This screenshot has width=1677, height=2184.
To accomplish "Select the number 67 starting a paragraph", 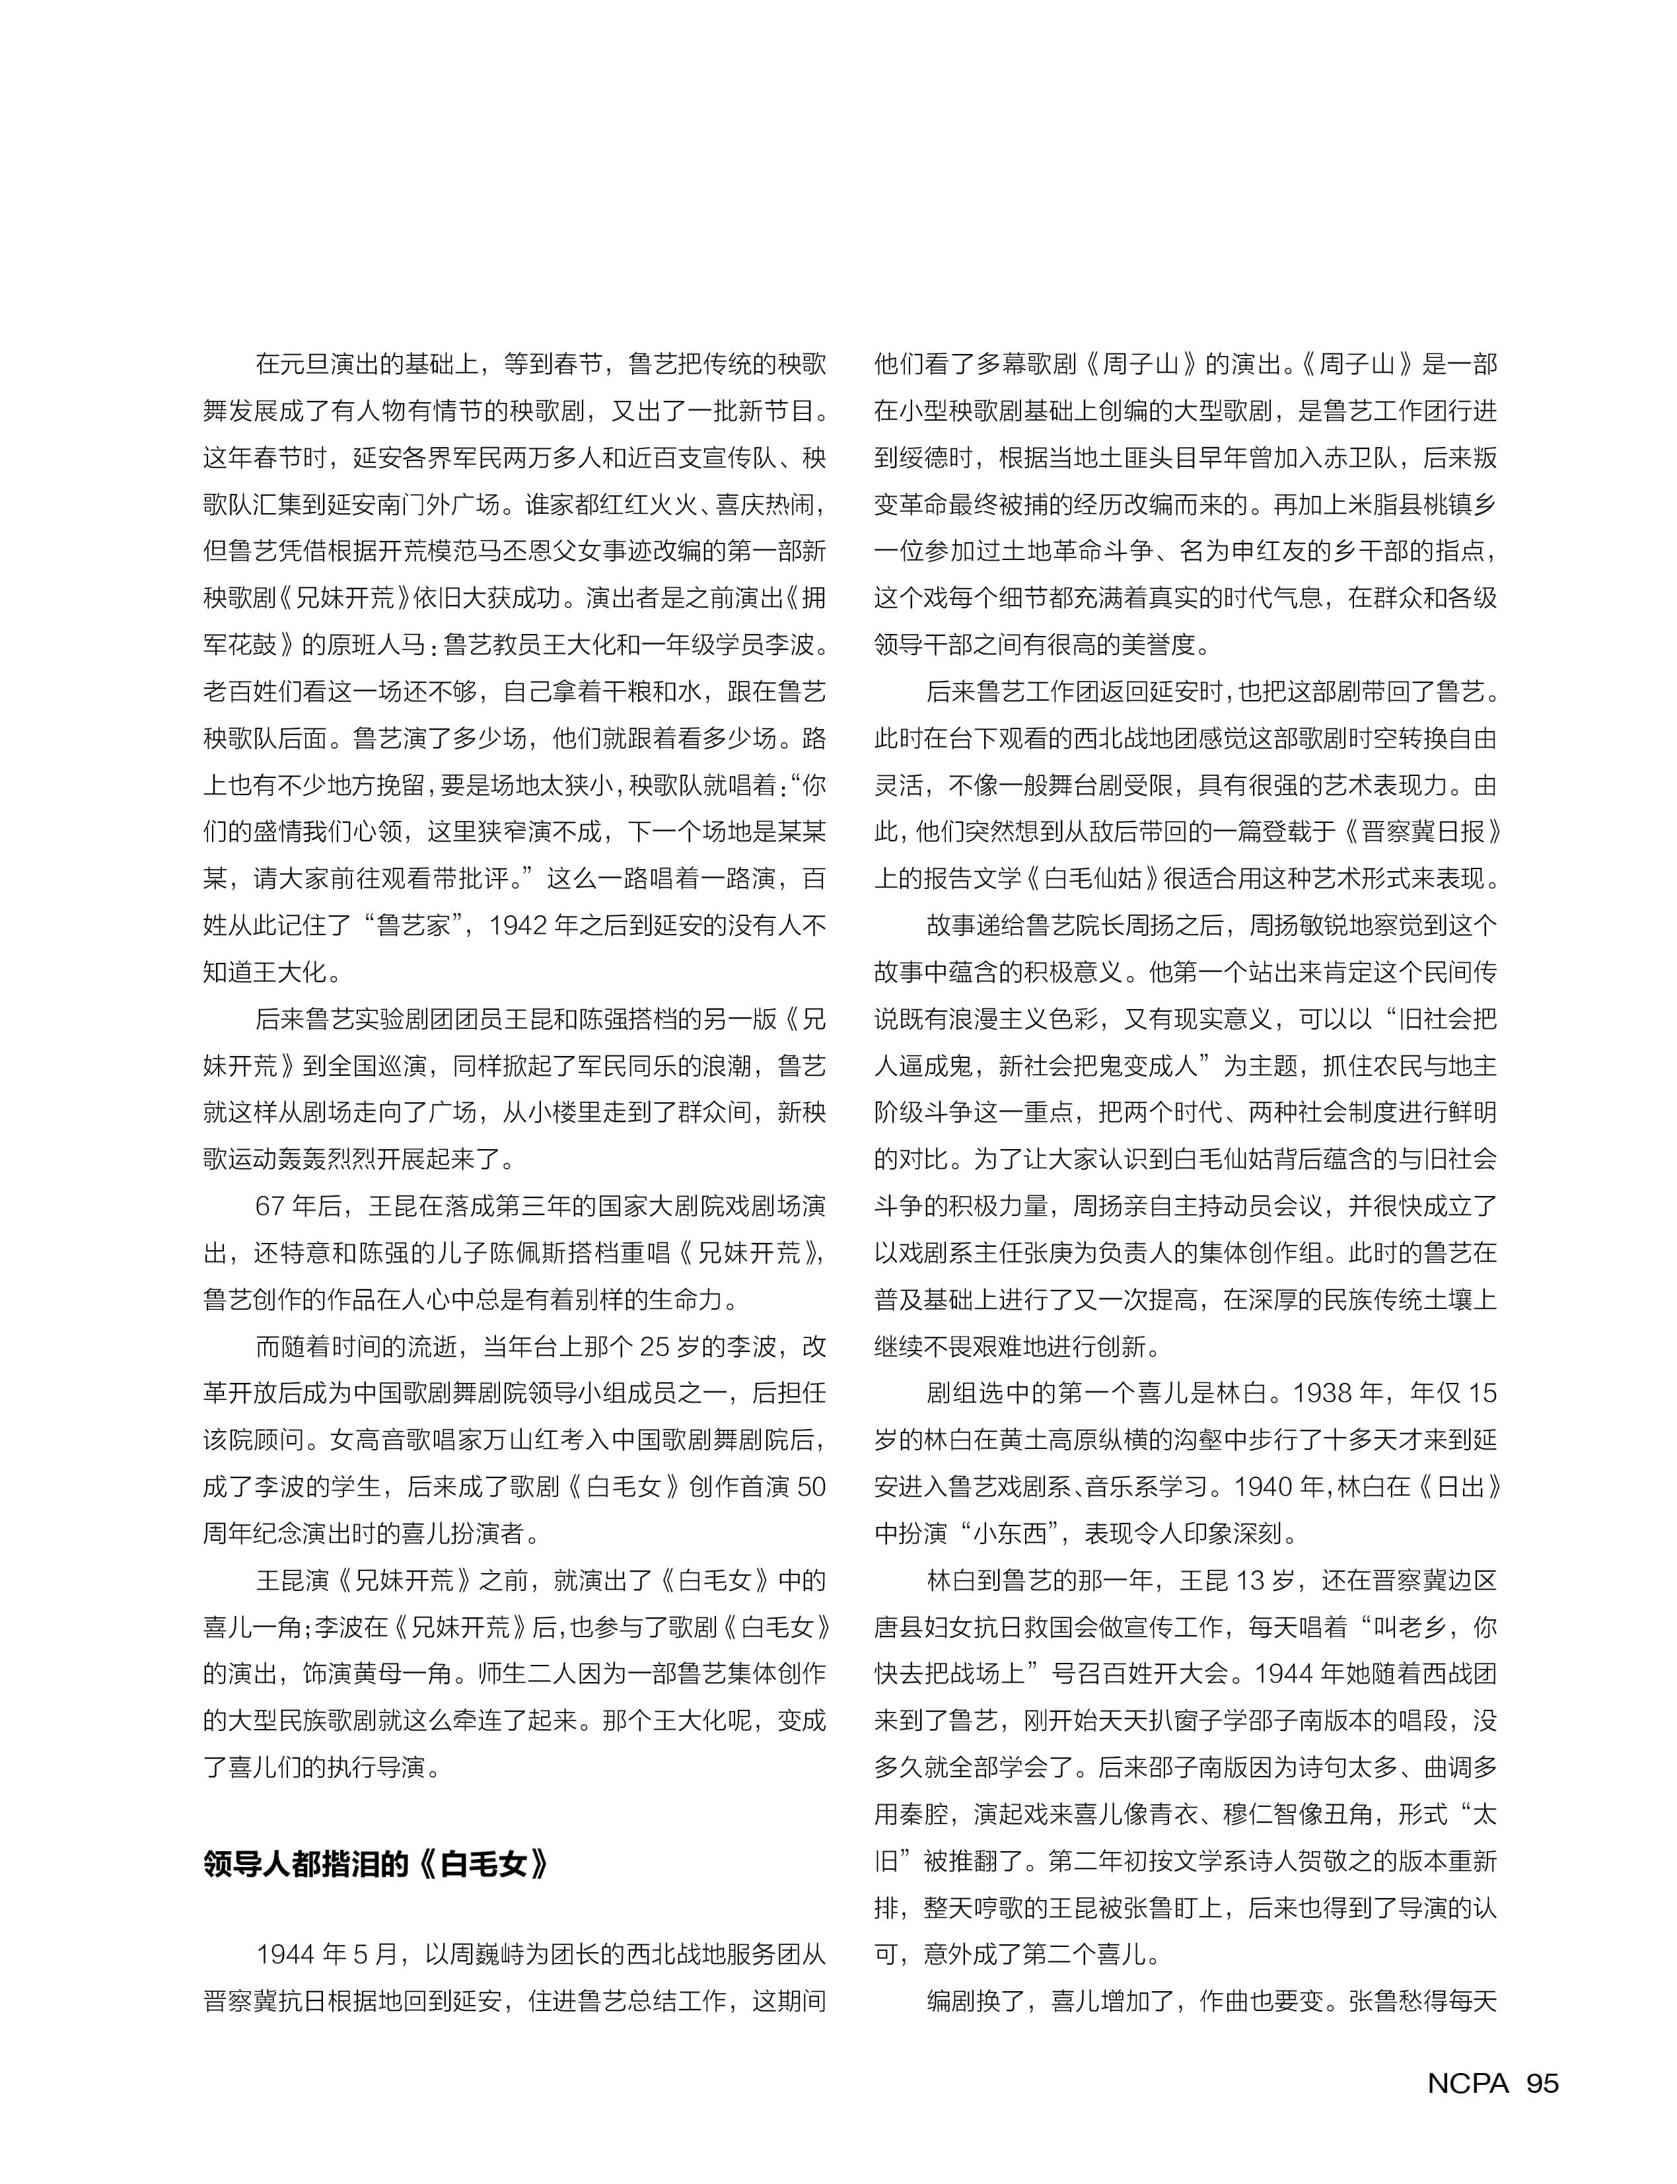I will click(271, 1206).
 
